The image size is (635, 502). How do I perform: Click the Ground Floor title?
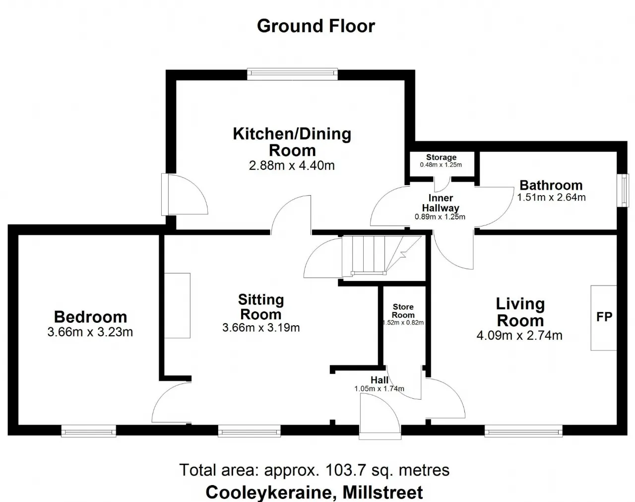(316, 26)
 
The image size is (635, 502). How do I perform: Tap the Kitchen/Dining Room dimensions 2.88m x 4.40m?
(292, 166)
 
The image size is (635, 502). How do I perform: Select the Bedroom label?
(91, 317)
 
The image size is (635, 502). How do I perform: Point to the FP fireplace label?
(604, 317)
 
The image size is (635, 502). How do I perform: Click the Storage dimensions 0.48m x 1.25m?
(441, 165)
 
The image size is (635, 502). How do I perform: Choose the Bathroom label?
(551, 185)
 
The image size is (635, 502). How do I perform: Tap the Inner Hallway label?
(441, 203)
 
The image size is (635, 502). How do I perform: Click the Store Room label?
(403, 311)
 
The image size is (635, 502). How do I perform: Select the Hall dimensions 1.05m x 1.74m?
(379, 389)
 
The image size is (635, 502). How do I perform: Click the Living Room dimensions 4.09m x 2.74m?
(519, 336)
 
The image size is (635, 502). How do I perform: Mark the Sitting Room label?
(261, 307)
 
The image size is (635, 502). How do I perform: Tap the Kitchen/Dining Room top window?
(292, 74)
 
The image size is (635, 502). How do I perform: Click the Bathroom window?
(624, 191)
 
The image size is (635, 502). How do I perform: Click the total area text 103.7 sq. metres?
(387, 470)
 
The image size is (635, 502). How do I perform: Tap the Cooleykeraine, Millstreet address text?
(314, 492)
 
